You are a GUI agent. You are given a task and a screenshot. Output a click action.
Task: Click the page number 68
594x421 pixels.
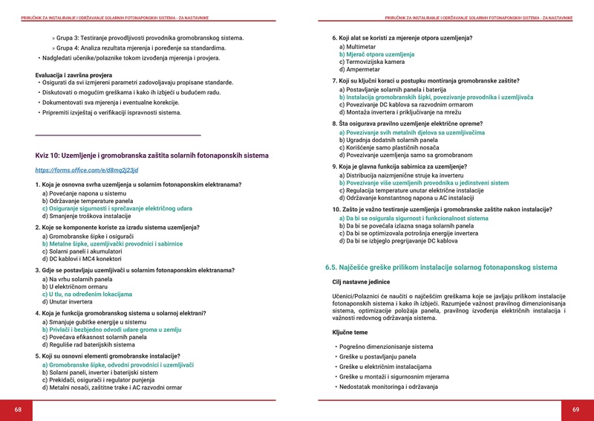pyautogui.click(x=18, y=410)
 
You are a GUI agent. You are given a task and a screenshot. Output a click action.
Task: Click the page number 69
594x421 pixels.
pyautogui.click(x=575, y=410)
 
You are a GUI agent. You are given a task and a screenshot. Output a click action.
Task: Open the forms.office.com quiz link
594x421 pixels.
pyautogui.click(x=87, y=170)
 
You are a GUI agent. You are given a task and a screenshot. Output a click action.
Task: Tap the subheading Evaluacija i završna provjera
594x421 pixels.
pyautogui.click(x=80, y=74)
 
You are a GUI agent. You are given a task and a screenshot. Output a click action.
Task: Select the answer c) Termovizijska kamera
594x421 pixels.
pyautogui.click(x=374, y=62)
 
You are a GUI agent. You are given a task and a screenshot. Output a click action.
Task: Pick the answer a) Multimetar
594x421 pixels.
pyautogui.click(x=357, y=47)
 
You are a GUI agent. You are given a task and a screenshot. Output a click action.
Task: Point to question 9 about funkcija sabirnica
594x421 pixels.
pyautogui.click(x=399, y=167)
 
